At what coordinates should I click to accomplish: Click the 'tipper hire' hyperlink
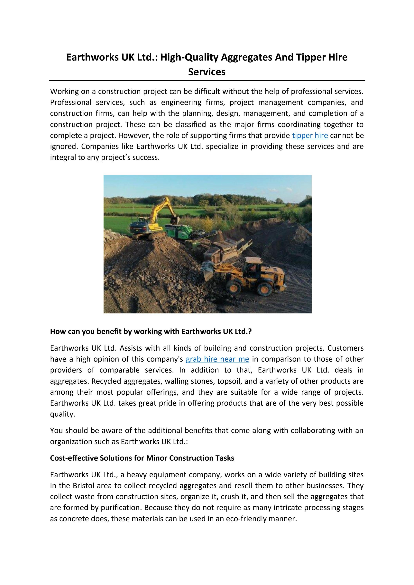click(x=310, y=136)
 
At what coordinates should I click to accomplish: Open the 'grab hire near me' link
click(x=217, y=359)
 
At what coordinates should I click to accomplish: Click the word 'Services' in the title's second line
click(x=207, y=72)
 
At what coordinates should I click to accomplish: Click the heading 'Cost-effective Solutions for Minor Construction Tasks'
click(x=142, y=458)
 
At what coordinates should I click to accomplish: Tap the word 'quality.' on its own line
click(x=62, y=414)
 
